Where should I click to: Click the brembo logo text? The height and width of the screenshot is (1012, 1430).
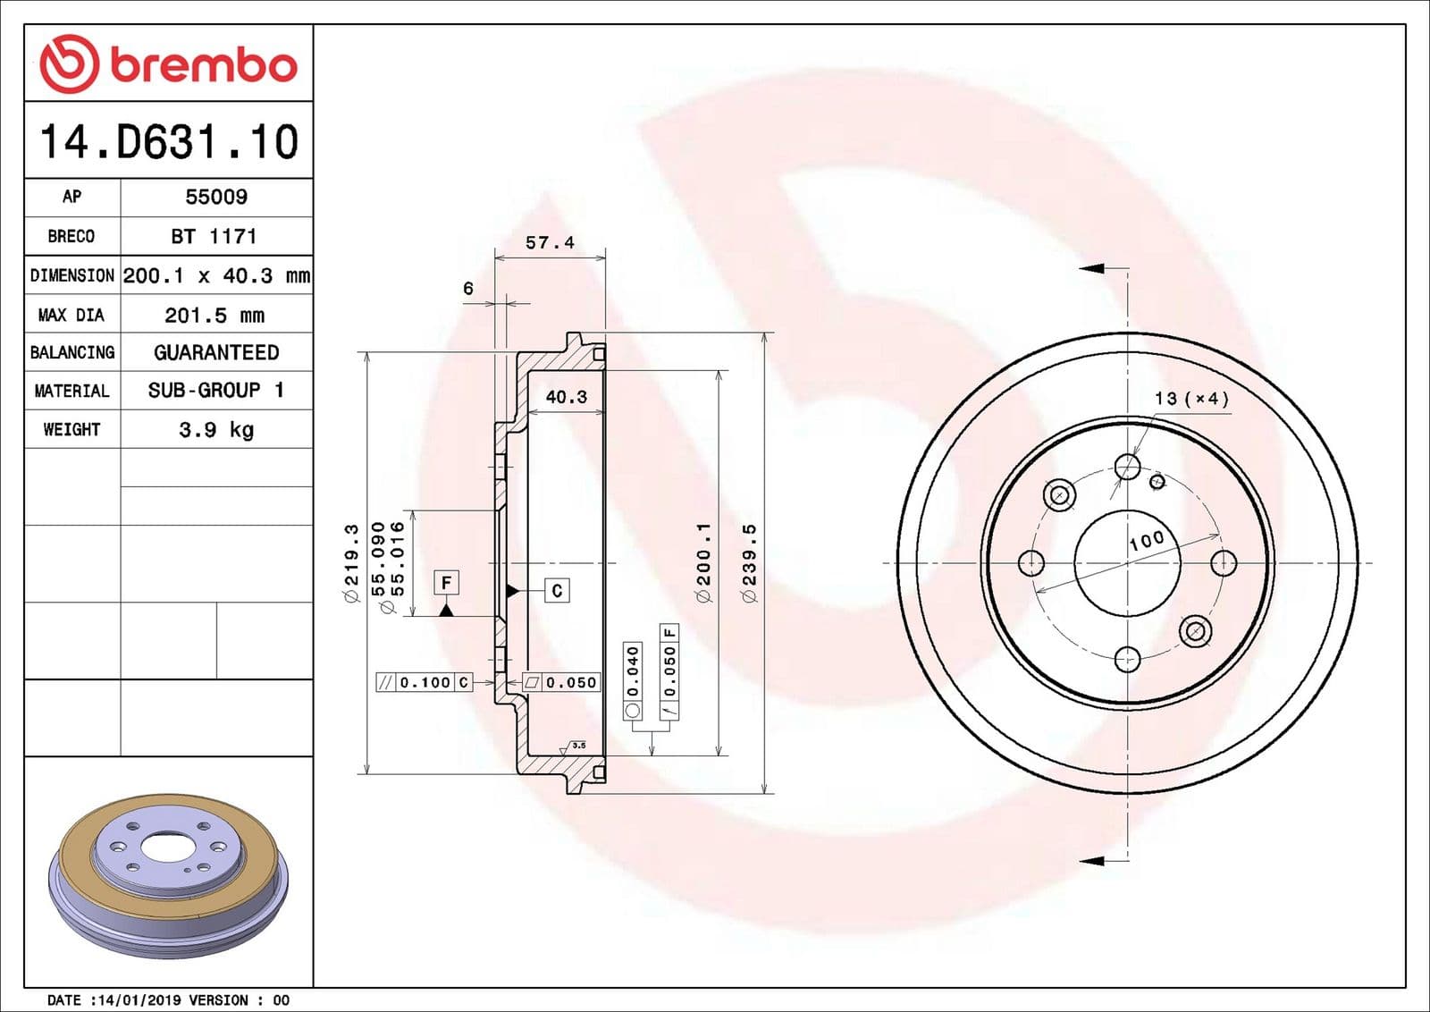pyautogui.click(x=203, y=65)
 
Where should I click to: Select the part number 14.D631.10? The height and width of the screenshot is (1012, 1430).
pyautogui.click(x=169, y=142)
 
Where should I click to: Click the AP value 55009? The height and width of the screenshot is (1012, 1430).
pyautogui.click(x=216, y=197)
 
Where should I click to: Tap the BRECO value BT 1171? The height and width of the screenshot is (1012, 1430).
pyautogui.click(x=214, y=236)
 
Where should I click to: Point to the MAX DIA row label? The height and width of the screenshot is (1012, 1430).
pyautogui.click(x=71, y=315)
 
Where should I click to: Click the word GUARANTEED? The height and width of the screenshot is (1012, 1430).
pyautogui.click(x=216, y=352)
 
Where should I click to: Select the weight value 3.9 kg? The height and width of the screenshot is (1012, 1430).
pyautogui.click(x=216, y=429)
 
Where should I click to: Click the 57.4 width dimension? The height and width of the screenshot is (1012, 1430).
pyautogui.click(x=550, y=242)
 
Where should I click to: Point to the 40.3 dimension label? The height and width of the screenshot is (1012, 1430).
pyautogui.click(x=567, y=396)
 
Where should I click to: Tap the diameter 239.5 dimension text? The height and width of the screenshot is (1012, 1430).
pyautogui.click(x=750, y=562)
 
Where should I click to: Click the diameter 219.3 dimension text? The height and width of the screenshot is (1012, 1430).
pyautogui.click(x=352, y=562)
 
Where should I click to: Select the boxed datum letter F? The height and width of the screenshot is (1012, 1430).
pyautogui.click(x=446, y=583)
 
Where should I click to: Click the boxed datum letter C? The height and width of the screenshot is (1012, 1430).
pyautogui.click(x=557, y=590)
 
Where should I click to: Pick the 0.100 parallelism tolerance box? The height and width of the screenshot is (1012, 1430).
pyautogui.click(x=425, y=682)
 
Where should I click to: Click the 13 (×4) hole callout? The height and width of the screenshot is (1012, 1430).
pyautogui.click(x=1191, y=398)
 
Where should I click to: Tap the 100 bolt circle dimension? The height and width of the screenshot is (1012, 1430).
pyautogui.click(x=1146, y=540)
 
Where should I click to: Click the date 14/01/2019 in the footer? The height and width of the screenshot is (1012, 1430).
pyautogui.click(x=136, y=999)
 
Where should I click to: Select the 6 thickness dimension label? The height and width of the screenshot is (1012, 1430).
pyautogui.click(x=467, y=288)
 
